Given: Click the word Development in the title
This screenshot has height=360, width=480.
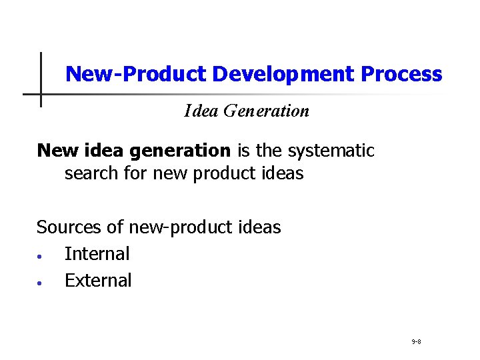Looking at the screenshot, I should click(x=283, y=74).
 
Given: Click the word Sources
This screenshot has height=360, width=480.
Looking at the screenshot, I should click(x=69, y=227).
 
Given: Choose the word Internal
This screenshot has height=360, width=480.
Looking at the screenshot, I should click(x=97, y=254).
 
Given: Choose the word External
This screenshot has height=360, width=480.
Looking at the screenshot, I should click(x=98, y=281).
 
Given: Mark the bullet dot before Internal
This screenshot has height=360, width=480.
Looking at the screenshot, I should click(x=41, y=256).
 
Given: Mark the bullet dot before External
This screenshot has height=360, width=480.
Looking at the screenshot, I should click(x=41, y=283).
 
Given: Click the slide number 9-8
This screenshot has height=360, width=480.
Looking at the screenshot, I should click(x=416, y=341).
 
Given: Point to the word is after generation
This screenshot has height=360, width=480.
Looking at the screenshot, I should click(x=245, y=151).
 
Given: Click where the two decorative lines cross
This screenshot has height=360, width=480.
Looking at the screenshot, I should click(x=41, y=94).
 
